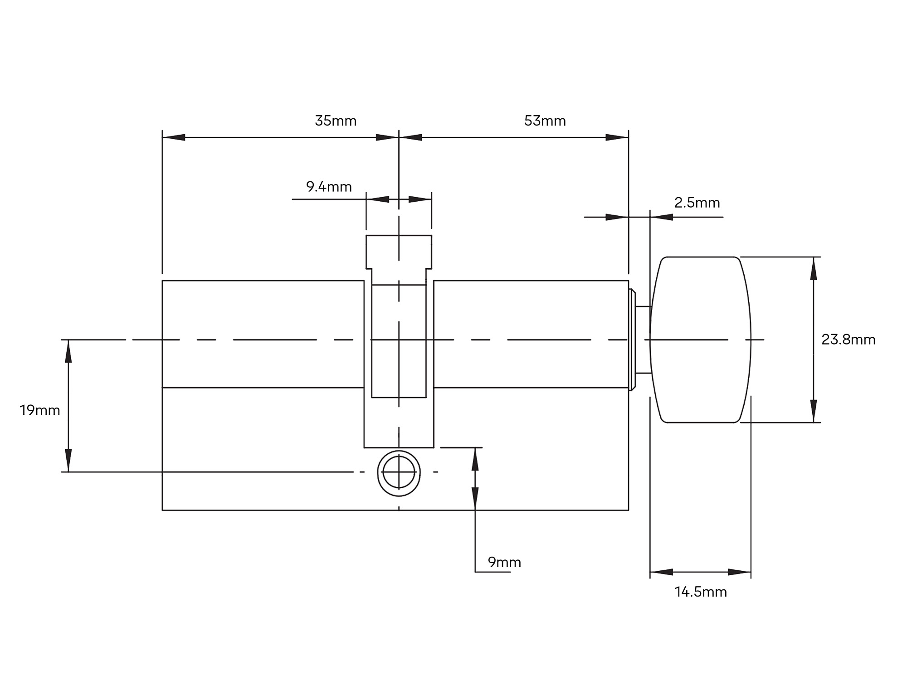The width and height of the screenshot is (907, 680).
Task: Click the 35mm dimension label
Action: coord(336,121)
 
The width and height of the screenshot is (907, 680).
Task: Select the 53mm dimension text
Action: coord(545,121)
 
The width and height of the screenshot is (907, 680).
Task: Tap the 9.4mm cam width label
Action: coord(329,187)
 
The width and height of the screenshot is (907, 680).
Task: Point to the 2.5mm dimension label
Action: coord(697,203)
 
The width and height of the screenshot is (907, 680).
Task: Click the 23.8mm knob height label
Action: coord(848,340)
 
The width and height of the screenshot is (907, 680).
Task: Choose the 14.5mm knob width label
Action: coord(701,592)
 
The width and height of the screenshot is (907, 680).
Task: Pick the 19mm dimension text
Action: coord(40,410)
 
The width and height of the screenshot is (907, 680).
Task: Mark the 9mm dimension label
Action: coord(504,562)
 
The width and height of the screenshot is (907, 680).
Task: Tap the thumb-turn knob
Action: coord(700,340)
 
